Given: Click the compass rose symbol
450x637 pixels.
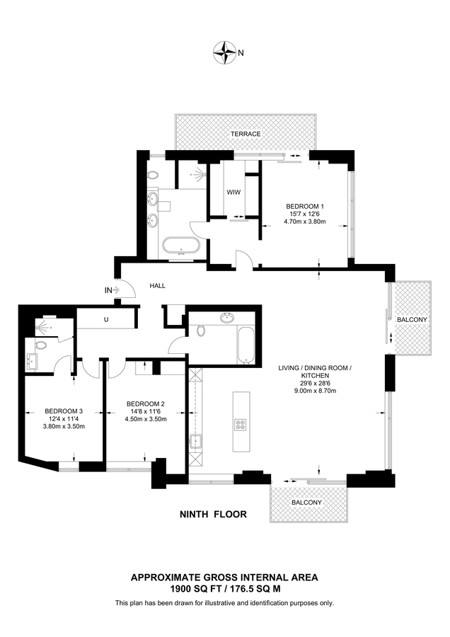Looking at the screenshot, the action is point(224,52).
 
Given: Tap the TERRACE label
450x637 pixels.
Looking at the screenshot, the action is point(246,134).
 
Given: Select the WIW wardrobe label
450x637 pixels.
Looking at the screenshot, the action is point(233,192).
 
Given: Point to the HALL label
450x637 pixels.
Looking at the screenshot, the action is point(158,286).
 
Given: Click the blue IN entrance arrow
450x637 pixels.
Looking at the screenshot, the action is point(116,290).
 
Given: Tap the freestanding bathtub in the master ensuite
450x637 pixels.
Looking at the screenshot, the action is point(181,246).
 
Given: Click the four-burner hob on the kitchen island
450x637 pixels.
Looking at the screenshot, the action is point(240,425).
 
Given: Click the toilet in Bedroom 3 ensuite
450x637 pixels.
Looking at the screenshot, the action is point(41,345).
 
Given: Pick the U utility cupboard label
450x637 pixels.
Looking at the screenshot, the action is point(106,319).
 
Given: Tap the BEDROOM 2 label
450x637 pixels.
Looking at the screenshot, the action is point(145,404).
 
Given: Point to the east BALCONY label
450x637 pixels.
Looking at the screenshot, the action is point(412,320).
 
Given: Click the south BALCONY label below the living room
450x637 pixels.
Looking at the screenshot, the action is point(306,503).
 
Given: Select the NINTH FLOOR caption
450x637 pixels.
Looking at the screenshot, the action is point(213,515).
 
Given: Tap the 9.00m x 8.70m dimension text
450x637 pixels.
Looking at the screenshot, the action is point(315,391).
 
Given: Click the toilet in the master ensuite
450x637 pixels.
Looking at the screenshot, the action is point(153,176).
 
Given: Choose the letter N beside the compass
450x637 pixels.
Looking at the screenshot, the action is point(241,52).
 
